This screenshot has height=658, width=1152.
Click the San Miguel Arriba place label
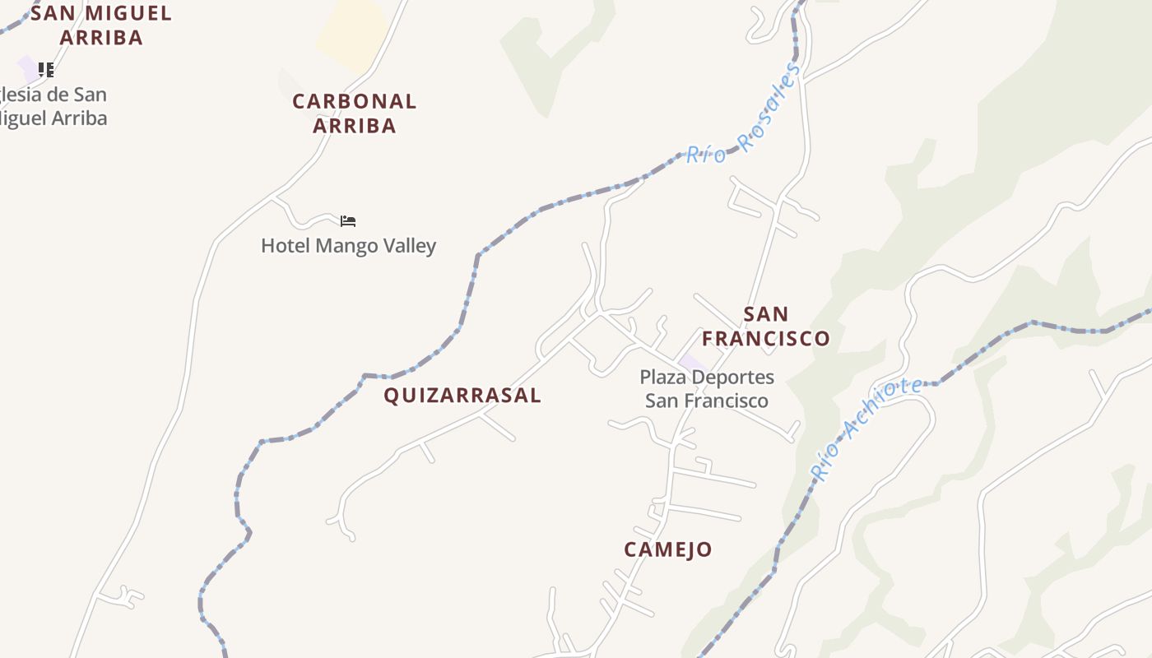click(101, 25)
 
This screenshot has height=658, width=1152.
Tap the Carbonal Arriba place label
click(355, 114)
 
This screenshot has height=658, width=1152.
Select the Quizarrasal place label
click(462, 396)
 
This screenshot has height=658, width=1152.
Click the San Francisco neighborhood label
click(766, 327)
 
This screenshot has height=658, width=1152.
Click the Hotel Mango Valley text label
click(348, 246)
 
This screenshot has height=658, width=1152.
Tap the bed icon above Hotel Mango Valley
click(348, 221)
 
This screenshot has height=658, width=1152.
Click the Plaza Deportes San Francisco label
click(707, 389)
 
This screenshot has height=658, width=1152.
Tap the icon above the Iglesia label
click(46, 70)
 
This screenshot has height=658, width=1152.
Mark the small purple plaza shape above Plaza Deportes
click(692, 362)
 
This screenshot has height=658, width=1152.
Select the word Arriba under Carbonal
click(355, 126)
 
